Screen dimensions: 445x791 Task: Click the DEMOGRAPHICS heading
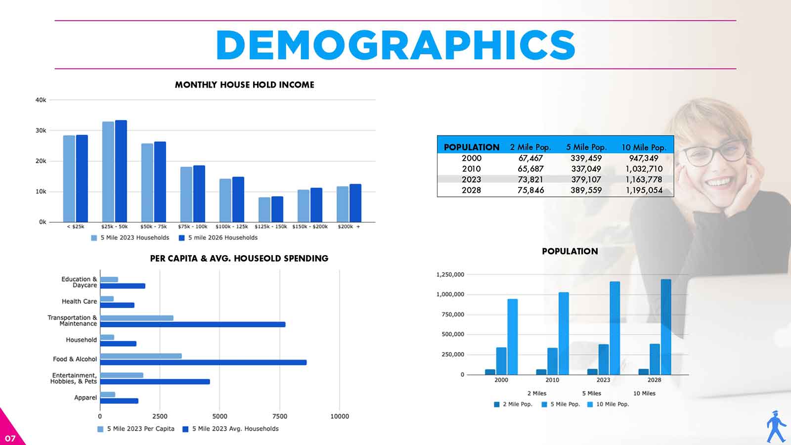395,45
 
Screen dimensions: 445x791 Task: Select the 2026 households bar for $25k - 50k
121,171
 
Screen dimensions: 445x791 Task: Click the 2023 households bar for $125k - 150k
264,210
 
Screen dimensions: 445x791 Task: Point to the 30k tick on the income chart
41,131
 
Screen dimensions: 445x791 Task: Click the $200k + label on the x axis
349,226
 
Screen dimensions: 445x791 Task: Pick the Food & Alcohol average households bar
203,362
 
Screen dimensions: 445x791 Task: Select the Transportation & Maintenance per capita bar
137,318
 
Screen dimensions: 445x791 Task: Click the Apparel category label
86,398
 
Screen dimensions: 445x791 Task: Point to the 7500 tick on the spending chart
280,416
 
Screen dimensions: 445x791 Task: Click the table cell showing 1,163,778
644,179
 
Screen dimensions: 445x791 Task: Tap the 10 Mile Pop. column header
644,147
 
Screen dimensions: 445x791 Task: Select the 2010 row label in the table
471,169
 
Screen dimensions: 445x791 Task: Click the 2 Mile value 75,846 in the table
530,190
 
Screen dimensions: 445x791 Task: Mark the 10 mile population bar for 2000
513,337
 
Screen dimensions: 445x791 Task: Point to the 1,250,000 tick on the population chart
450,274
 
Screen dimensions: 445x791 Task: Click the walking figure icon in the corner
776,426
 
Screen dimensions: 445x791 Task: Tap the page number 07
10,438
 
